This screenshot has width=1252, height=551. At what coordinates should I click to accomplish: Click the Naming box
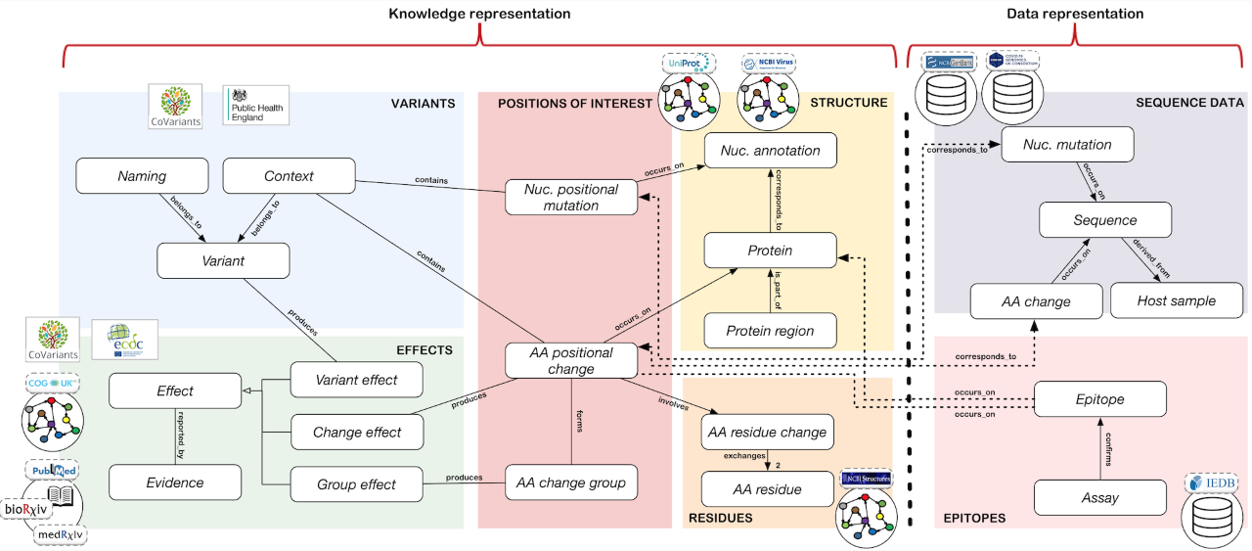(142, 177)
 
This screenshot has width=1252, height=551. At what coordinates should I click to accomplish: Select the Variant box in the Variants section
(223, 261)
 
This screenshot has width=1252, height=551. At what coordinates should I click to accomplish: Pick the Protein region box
(770, 331)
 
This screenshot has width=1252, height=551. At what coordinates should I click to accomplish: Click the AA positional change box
(571, 360)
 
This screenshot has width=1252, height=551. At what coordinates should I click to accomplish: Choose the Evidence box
(175, 482)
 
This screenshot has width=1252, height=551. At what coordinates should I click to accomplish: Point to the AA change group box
(571, 482)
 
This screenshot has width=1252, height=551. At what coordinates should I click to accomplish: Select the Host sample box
(1176, 300)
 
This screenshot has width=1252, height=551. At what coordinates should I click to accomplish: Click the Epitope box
(1100, 398)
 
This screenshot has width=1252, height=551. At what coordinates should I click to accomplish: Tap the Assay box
(1100, 497)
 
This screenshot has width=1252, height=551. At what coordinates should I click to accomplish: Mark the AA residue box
(767, 489)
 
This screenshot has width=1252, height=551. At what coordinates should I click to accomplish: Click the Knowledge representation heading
(479, 14)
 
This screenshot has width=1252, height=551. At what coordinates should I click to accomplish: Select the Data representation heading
(1075, 14)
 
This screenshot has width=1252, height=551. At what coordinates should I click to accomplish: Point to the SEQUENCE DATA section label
(1189, 102)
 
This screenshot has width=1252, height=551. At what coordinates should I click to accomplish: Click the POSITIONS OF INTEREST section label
(560, 103)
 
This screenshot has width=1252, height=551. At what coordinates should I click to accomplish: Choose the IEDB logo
(1211, 483)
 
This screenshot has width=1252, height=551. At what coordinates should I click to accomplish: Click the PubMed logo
(54, 472)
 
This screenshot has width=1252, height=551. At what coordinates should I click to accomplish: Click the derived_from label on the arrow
(1149, 257)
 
